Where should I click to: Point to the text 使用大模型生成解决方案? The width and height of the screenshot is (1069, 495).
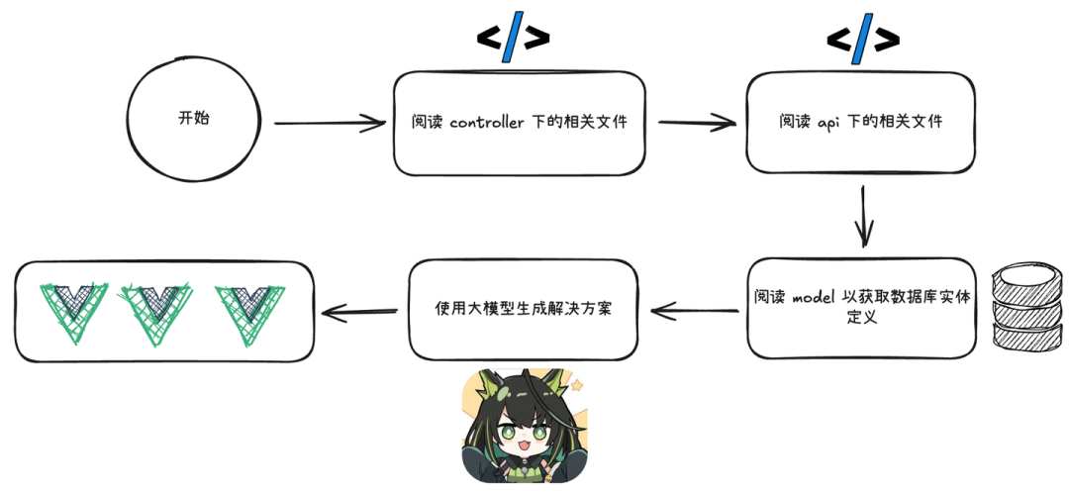click(523, 308)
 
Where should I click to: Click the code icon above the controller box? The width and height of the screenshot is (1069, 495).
click(512, 39)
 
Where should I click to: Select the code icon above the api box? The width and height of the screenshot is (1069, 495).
click(862, 39)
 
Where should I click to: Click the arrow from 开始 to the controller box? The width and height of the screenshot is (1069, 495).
click(329, 123)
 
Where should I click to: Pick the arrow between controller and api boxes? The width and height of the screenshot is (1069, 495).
click(697, 123)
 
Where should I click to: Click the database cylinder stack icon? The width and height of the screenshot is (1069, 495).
click(1027, 302)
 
